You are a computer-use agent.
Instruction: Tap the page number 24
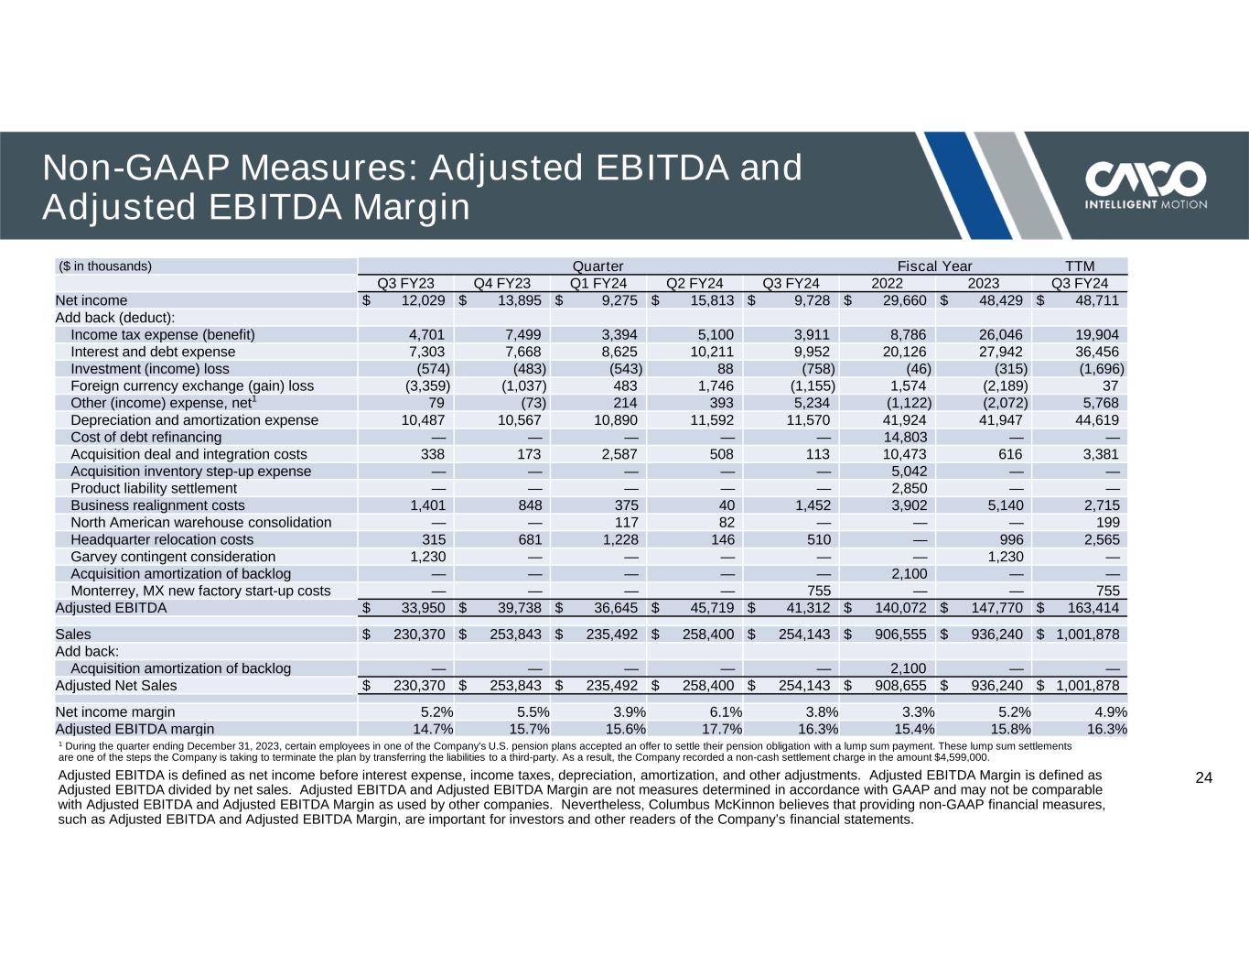[1204, 778]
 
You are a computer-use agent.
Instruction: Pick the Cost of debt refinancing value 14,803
[904, 438]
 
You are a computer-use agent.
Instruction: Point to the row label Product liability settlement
[153, 488]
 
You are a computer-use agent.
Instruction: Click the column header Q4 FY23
[502, 283]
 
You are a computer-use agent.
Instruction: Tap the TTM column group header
[1080, 266]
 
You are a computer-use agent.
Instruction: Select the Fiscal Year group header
[934, 266]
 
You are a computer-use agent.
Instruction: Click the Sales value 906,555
[898, 634]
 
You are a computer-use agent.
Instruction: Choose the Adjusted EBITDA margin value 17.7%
[716, 729]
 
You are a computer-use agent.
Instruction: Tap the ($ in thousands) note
[105, 266]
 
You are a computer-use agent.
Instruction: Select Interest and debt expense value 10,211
[710, 352]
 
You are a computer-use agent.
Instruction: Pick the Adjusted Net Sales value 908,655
[898, 685]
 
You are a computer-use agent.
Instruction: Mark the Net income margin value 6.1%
[720, 711]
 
